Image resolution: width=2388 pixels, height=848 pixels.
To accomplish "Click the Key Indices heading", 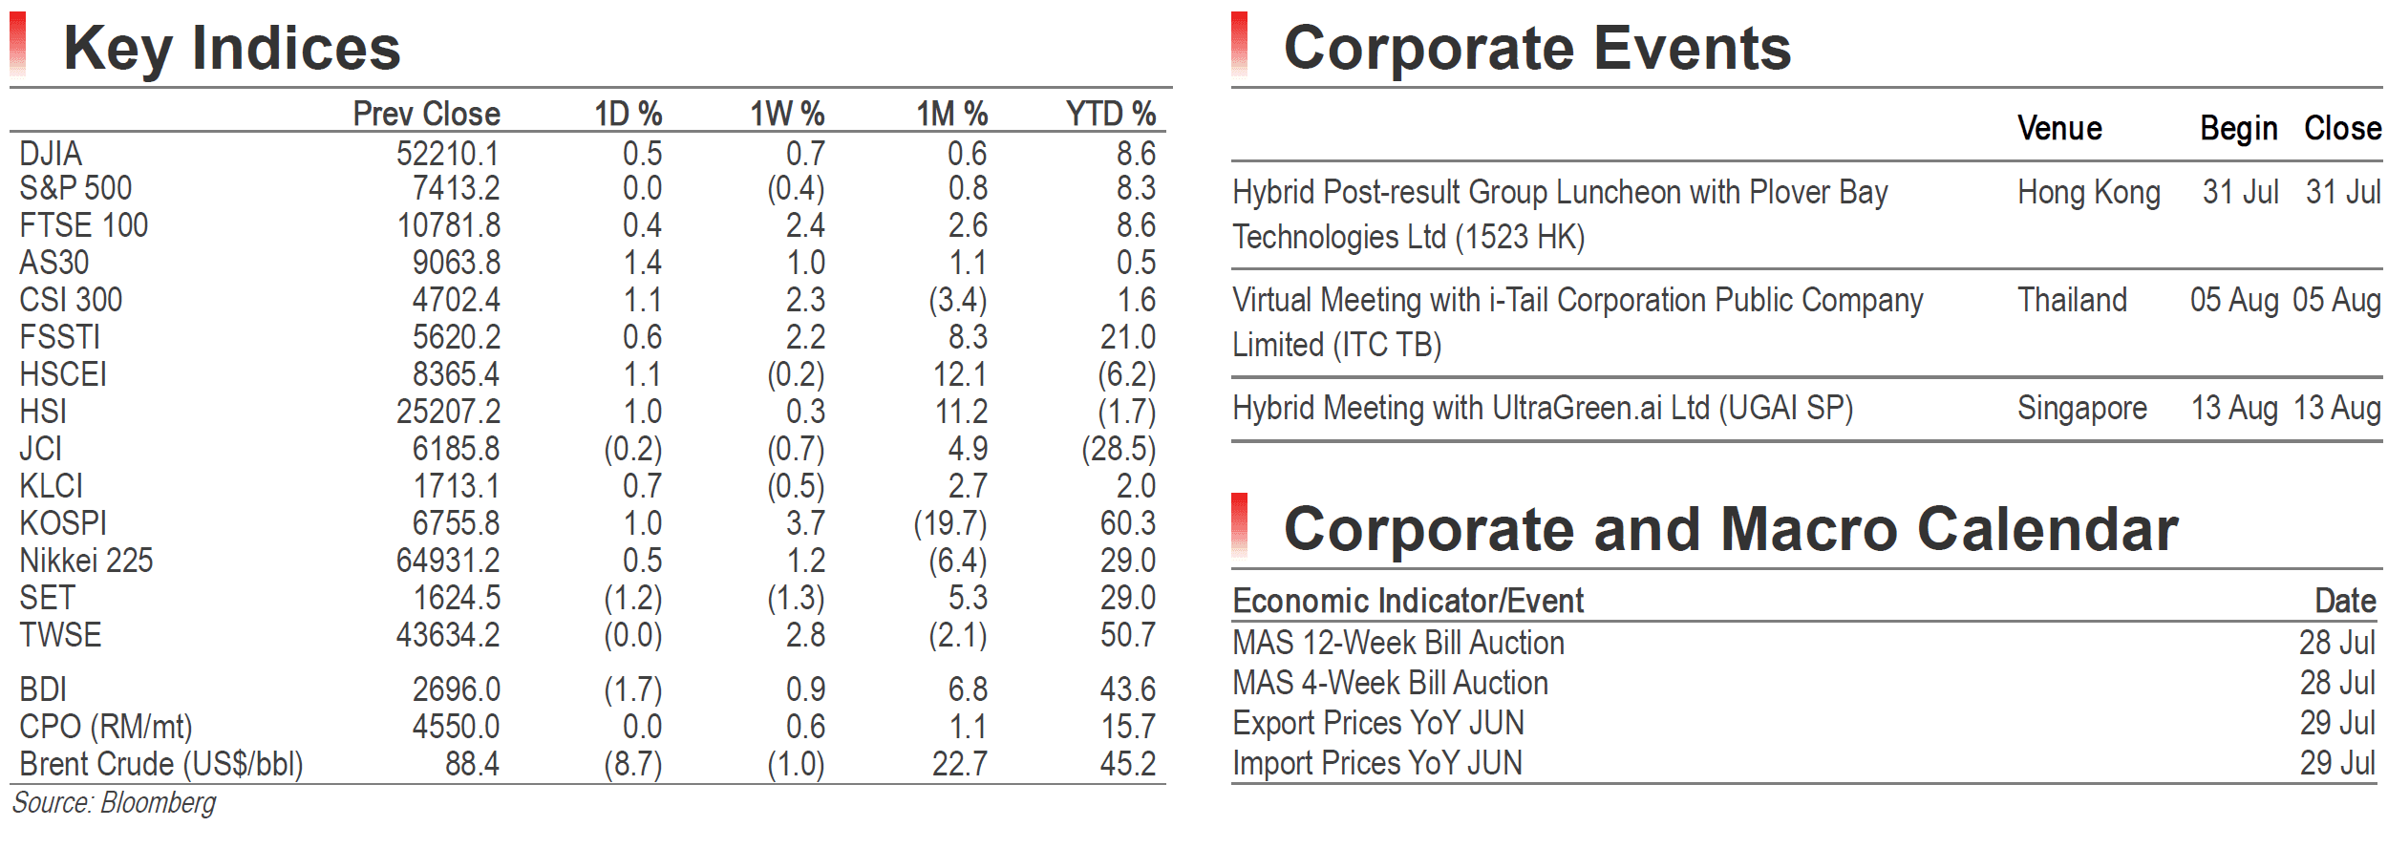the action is click(232, 49).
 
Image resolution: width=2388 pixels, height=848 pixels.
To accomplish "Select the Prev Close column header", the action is click(426, 114).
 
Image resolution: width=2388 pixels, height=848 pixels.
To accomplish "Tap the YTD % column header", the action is click(1111, 114).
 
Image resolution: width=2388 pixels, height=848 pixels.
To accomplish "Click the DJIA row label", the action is click(51, 154).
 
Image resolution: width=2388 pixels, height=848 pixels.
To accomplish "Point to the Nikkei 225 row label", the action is click(86, 561).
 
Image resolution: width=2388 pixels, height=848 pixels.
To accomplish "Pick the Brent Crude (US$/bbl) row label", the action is click(161, 765).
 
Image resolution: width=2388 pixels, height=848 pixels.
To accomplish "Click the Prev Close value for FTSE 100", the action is click(448, 225).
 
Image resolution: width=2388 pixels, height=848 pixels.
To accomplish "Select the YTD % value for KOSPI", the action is click(1127, 523).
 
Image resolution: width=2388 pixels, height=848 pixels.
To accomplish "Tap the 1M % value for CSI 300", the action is click(958, 300).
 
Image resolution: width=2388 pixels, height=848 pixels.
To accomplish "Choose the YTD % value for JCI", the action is click(1119, 449).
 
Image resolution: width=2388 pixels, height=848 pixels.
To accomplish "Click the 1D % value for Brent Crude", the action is click(632, 765).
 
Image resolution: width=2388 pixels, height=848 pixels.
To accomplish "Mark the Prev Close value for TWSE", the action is click(448, 635).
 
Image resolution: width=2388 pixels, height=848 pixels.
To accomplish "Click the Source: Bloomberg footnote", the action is click(114, 803).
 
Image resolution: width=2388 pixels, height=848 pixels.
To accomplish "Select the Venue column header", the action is click(2059, 128).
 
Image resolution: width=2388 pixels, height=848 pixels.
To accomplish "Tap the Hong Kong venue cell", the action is click(2089, 193).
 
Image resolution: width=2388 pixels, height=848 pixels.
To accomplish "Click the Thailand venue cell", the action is click(2072, 300).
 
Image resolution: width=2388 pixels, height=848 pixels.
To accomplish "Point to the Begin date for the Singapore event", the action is click(2234, 409).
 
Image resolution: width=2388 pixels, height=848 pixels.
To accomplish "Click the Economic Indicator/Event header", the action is click(1408, 601).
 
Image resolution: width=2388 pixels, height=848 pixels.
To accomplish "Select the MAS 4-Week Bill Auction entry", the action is click(1390, 683).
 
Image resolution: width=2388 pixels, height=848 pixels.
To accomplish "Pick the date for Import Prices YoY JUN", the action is click(2337, 763).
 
